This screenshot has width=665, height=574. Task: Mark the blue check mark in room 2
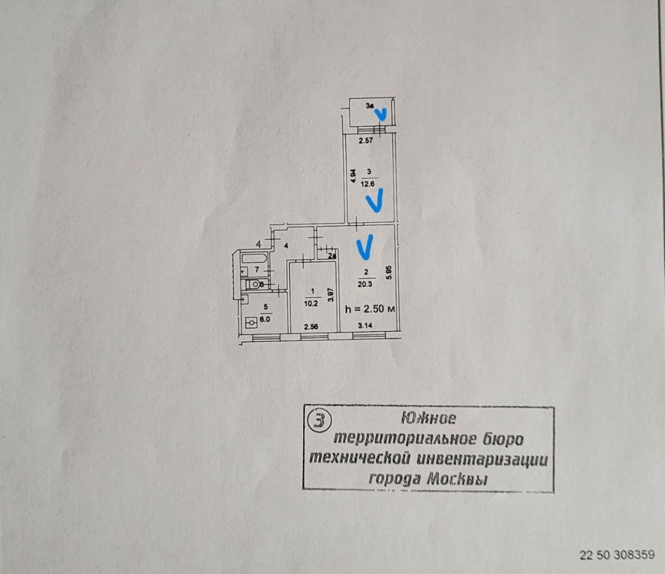point(365,247)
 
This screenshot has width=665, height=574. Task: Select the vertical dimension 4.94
point(353,177)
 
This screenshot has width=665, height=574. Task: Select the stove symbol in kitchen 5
point(251,322)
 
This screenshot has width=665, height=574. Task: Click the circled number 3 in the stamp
point(319,421)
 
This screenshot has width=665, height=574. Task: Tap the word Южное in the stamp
point(429,418)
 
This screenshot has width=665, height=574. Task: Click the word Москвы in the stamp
point(457,479)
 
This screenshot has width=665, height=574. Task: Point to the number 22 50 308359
point(617,555)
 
